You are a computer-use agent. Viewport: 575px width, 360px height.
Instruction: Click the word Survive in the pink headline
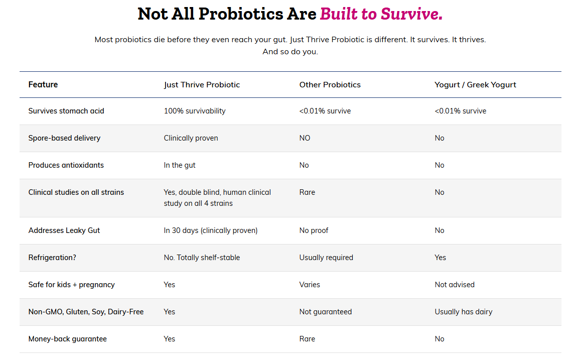click(411, 14)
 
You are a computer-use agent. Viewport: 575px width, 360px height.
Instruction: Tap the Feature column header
click(43, 85)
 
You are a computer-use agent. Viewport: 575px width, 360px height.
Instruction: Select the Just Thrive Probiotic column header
click(202, 85)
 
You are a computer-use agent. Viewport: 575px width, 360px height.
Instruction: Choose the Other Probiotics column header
click(330, 85)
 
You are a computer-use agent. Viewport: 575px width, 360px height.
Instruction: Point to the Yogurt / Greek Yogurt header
click(475, 85)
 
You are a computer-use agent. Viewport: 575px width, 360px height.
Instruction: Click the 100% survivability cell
click(195, 111)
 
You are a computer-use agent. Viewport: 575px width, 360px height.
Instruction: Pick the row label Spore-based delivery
click(64, 138)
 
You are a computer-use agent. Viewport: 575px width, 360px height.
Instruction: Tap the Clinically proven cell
click(191, 138)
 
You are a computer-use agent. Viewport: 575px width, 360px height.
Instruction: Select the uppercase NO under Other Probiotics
click(305, 138)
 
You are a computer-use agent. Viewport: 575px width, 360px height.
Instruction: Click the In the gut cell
click(180, 165)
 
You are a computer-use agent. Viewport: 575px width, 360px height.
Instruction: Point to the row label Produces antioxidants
click(66, 165)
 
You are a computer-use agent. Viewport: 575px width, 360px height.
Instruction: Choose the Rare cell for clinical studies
click(307, 192)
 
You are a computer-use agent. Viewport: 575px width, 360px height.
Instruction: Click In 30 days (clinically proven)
click(211, 230)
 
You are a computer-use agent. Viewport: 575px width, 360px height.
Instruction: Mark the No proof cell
click(314, 230)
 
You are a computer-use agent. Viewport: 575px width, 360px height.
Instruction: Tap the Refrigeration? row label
click(52, 258)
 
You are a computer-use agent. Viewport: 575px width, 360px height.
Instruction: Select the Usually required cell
click(326, 258)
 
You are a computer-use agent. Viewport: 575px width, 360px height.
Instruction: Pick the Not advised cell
click(455, 285)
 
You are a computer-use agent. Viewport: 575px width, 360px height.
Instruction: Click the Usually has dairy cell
click(464, 312)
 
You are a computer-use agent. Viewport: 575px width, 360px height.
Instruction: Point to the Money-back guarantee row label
click(67, 339)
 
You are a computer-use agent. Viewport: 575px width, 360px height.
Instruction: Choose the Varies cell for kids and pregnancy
click(310, 285)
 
